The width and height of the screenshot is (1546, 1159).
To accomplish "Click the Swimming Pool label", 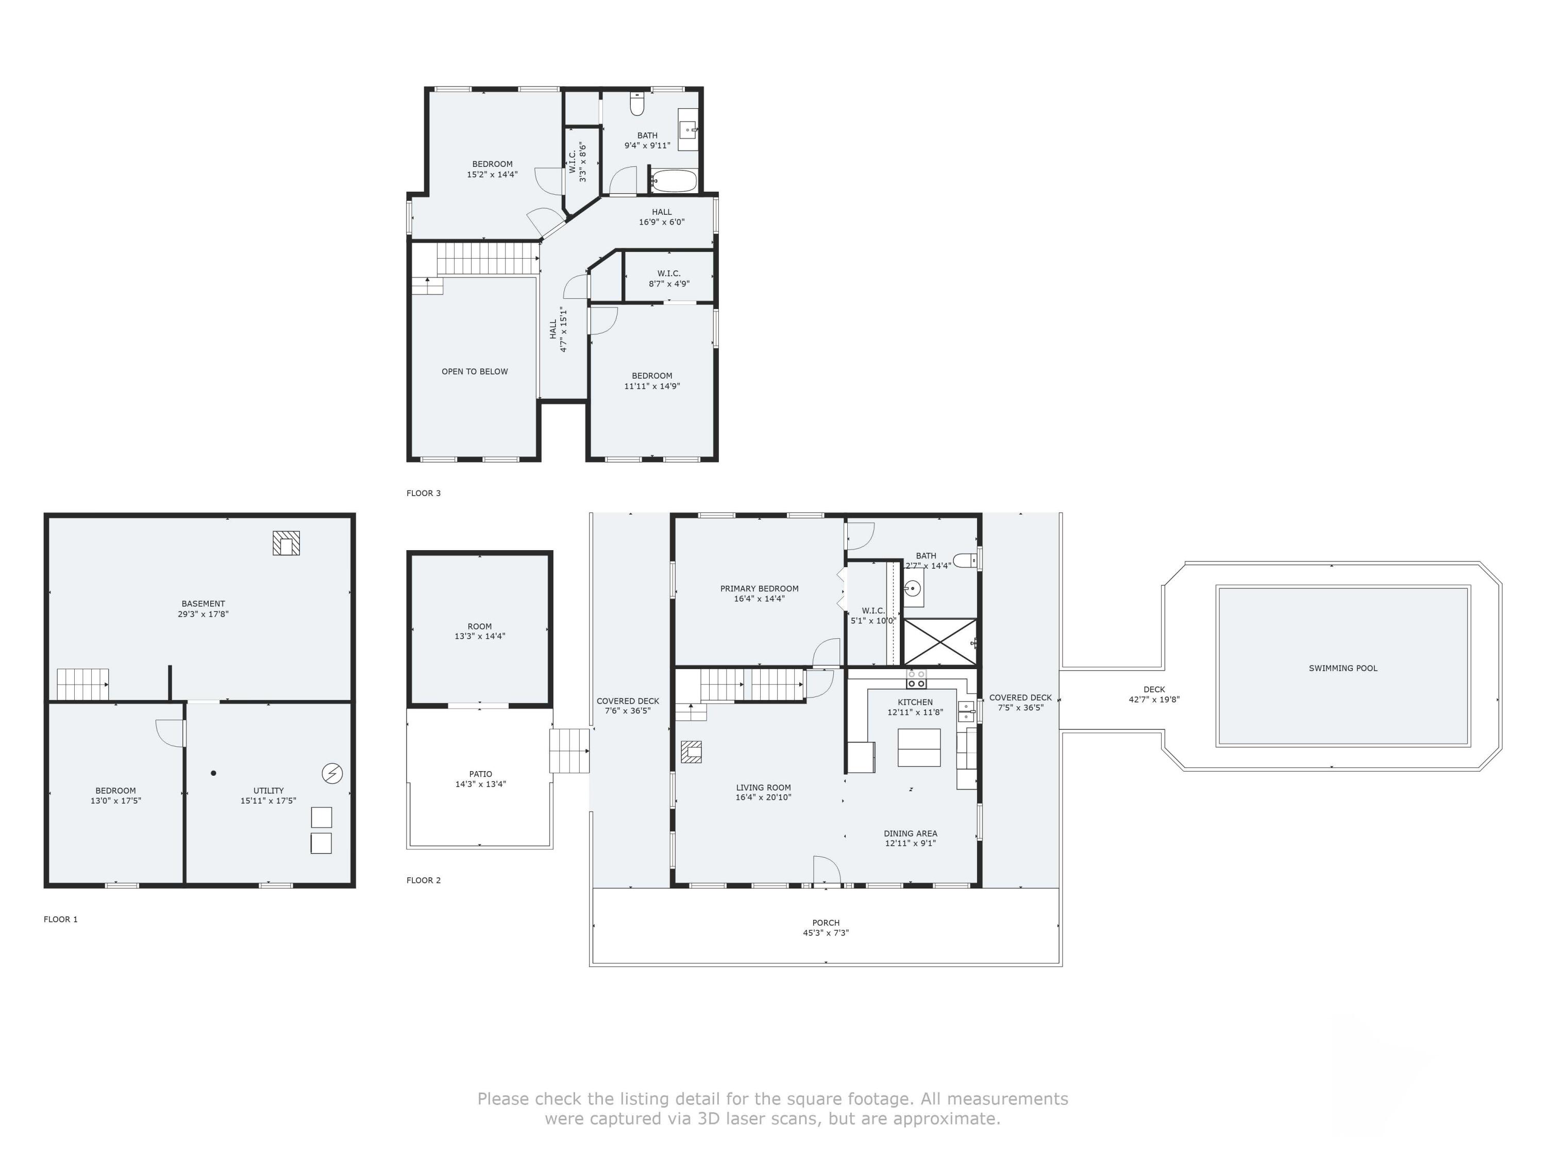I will [x=1342, y=668].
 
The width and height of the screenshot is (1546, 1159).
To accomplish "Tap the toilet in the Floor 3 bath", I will [x=637, y=105].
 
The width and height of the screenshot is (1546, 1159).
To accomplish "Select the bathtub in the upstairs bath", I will [x=674, y=181].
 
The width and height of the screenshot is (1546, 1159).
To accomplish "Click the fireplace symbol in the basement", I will [x=286, y=543].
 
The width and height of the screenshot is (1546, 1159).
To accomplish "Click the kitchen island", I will [x=918, y=747].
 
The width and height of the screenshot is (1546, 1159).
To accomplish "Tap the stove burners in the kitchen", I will [x=916, y=678].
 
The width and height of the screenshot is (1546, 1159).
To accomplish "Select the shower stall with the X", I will [x=940, y=641].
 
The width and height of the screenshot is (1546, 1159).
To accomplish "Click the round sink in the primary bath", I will [x=912, y=589].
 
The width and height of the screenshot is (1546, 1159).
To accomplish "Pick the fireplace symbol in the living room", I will [x=691, y=752].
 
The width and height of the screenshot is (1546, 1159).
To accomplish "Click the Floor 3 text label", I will [x=424, y=493].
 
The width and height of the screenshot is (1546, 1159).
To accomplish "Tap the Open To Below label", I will [x=475, y=372].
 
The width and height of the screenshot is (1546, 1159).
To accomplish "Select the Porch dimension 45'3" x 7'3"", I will [x=826, y=933].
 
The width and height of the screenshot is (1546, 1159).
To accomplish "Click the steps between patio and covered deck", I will [x=569, y=751].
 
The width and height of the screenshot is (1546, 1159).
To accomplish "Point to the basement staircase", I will [x=82, y=684].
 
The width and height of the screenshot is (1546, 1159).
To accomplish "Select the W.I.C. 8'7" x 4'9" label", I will [x=669, y=279].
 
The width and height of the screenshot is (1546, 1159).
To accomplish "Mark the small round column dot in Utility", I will [x=213, y=773].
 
